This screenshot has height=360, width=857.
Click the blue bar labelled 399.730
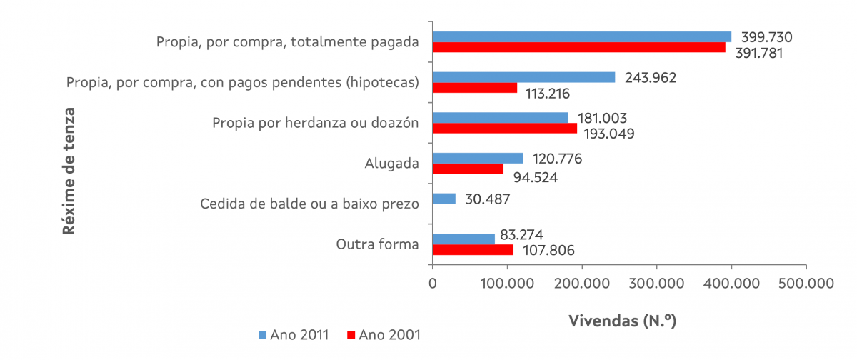[x=582, y=36]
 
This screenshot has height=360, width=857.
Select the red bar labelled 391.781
[x=579, y=47]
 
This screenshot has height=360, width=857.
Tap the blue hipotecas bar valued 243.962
[x=523, y=77]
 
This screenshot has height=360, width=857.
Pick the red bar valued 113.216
[x=475, y=88]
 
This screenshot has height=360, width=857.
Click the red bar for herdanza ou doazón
[x=505, y=129]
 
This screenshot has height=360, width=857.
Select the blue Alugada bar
[x=478, y=158]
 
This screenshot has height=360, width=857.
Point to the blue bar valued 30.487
[x=444, y=199]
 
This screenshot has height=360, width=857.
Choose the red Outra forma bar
[x=473, y=250]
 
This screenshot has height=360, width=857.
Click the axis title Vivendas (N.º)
[x=622, y=321]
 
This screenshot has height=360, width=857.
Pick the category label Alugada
[x=391, y=164]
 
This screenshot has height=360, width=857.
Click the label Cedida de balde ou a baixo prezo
[x=309, y=204]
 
